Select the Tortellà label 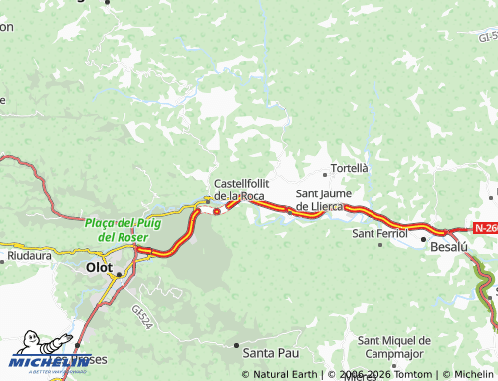tap(349, 168)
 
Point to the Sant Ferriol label tap(378, 233)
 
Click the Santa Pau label tap(271, 353)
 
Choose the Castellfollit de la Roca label tap(239, 190)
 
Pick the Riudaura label tap(29, 256)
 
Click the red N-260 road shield tap(485, 228)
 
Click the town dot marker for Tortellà tap(323, 175)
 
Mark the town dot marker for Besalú tap(423, 241)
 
